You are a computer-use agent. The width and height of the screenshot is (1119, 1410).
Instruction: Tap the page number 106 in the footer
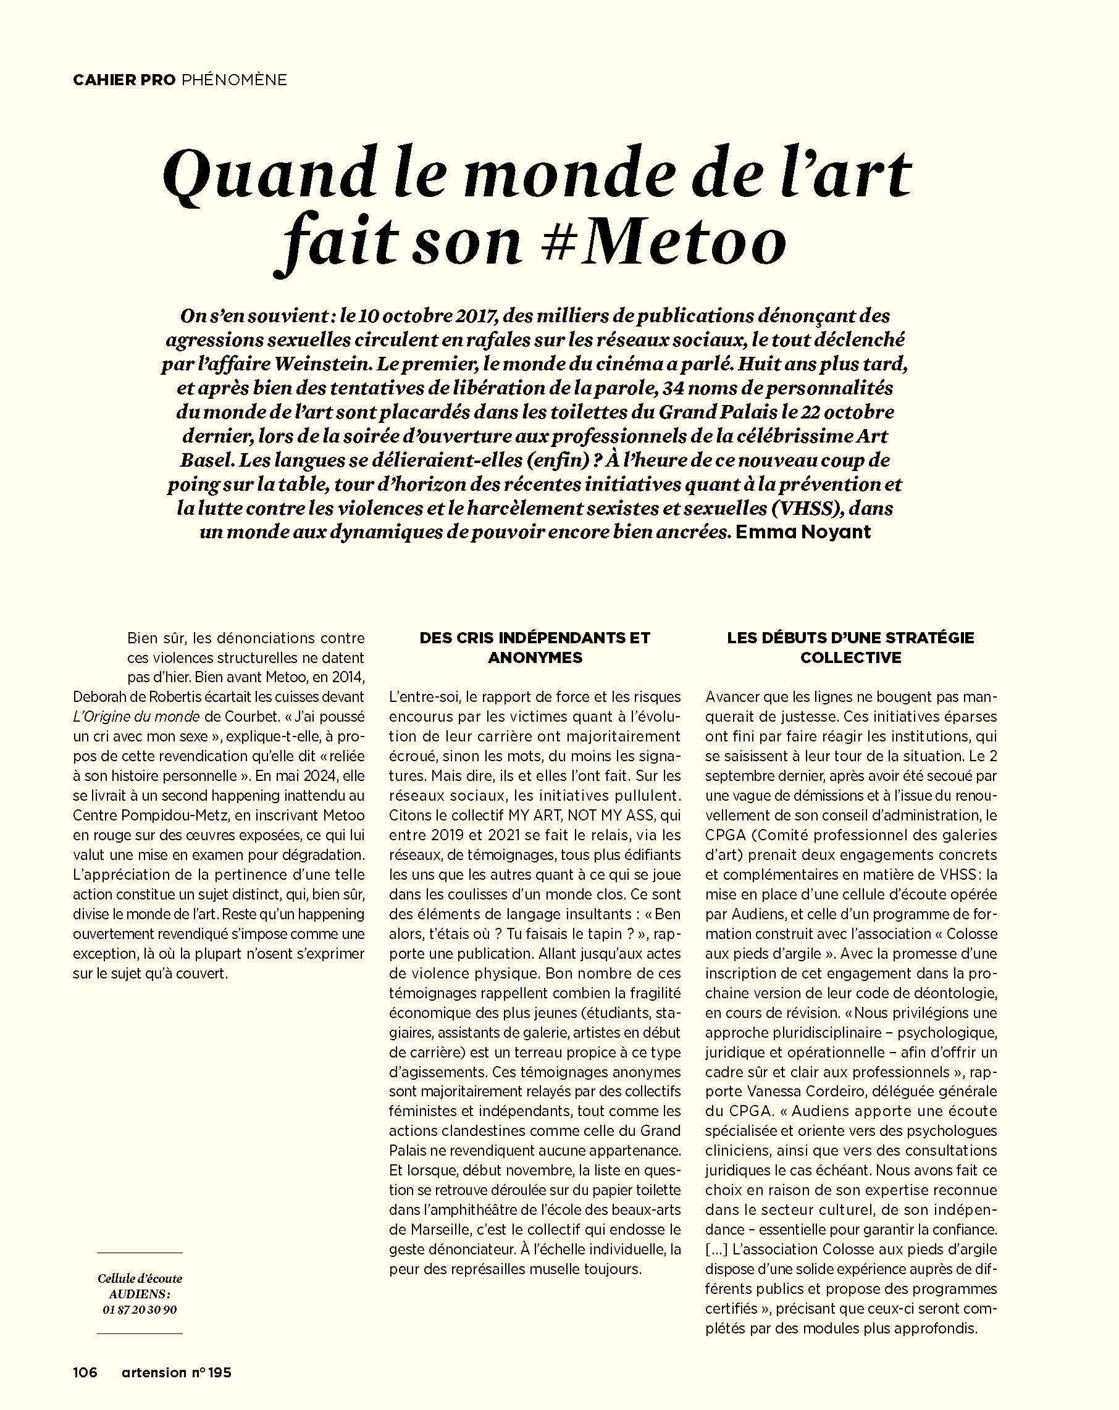[85, 1372]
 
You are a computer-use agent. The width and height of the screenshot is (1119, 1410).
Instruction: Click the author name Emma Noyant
[803, 532]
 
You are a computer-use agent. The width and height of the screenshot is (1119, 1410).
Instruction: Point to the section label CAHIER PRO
[124, 80]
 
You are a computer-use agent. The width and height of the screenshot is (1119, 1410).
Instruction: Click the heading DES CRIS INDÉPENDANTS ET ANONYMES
[535, 648]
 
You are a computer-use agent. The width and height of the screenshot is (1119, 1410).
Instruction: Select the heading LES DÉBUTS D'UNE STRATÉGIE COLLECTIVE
[851, 648]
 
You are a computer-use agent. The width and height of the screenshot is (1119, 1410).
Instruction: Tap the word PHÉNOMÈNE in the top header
[234, 80]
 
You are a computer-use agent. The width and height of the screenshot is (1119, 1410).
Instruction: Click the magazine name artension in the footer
[154, 1372]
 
